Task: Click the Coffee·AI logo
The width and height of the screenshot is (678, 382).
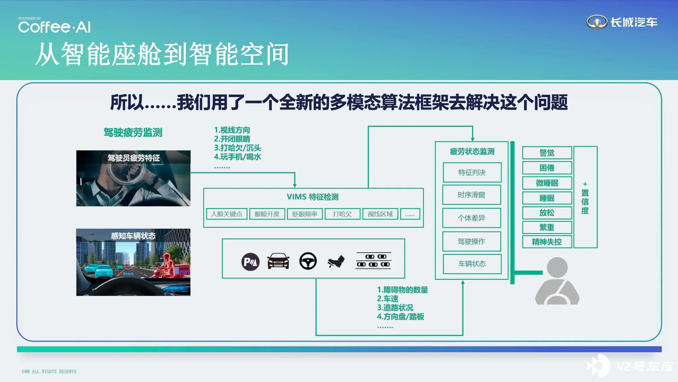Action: click(x=54, y=25)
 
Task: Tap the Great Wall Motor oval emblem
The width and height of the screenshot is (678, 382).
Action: click(x=597, y=22)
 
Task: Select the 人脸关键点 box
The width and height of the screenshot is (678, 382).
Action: click(x=227, y=214)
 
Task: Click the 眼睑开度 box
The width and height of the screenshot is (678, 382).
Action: click(x=267, y=214)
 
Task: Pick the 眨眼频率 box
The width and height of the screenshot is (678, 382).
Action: click(x=305, y=214)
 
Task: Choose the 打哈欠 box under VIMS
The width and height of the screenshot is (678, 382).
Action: click(x=342, y=214)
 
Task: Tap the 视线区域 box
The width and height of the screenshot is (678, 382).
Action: click(x=380, y=214)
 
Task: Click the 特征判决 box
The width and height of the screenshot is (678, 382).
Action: click(x=472, y=172)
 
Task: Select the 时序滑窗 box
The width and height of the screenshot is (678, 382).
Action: click(x=472, y=195)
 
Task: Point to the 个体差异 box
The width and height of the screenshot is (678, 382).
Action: click(x=472, y=218)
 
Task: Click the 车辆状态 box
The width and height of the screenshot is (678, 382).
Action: click(x=472, y=264)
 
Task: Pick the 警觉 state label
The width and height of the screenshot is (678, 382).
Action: click(x=547, y=153)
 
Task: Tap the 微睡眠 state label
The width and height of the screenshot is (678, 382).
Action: click(x=547, y=183)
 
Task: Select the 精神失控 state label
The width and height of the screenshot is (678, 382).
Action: click(x=547, y=242)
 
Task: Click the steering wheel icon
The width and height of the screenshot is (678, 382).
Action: click(x=308, y=261)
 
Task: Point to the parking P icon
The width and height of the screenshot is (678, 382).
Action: click(x=251, y=262)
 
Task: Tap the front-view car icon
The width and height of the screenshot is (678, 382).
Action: click(x=278, y=261)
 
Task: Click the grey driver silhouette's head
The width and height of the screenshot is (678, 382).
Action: click(x=557, y=268)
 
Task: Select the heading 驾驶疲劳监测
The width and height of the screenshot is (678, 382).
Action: click(x=133, y=132)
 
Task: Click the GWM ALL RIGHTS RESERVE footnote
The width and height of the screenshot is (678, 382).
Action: click(x=49, y=371)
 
